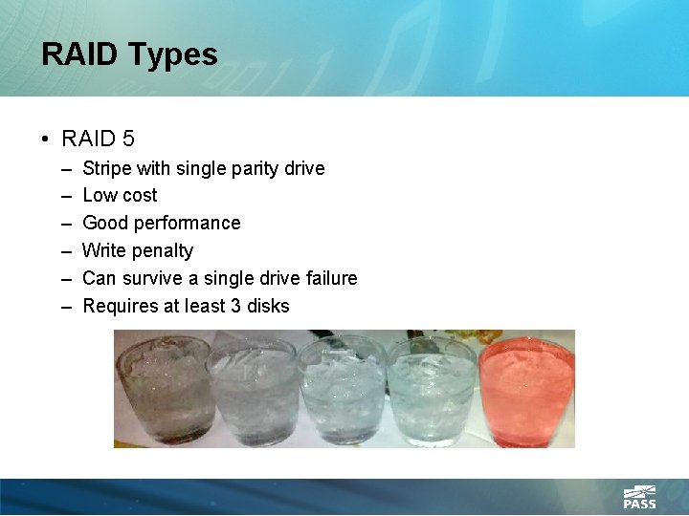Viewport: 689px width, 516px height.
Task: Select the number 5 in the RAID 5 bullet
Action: pos(128,139)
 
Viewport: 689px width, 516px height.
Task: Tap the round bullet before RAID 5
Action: pos(46,140)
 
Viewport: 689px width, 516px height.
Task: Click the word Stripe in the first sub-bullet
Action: pos(107,168)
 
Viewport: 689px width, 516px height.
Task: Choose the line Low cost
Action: pos(120,195)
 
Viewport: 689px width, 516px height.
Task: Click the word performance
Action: pos(188,223)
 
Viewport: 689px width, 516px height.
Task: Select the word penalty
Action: pos(164,250)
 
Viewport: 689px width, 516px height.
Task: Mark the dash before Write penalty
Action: pos(65,250)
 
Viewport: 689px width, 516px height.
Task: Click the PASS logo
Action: pos(639,497)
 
